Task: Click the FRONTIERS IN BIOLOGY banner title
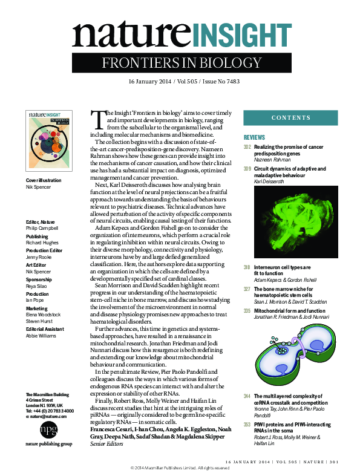[x=180, y=63]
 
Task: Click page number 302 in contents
[x=247, y=148]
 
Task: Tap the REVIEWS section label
[x=255, y=138]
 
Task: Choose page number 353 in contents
[x=247, y=425]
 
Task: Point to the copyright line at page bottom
[x=180, y=468]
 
